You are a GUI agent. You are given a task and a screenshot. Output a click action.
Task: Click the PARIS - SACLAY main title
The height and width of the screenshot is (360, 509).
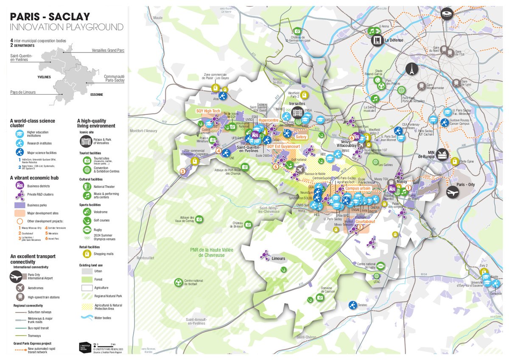(50, 17)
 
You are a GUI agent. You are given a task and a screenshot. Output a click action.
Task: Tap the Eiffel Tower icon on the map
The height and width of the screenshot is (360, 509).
(411, 69)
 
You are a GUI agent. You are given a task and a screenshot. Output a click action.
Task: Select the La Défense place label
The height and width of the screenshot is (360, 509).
(394, 41)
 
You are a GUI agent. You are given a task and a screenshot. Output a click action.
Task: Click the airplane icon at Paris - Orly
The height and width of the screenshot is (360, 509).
(453, 192)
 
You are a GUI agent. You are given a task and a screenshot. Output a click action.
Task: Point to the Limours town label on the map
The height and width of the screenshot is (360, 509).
(278, 258)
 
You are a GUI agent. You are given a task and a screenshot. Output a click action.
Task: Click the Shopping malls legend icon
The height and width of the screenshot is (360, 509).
(87, 254)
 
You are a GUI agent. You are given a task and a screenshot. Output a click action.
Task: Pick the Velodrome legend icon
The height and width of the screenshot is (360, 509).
(87, 212)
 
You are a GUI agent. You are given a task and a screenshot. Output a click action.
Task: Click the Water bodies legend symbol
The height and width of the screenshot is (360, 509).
(87, 317)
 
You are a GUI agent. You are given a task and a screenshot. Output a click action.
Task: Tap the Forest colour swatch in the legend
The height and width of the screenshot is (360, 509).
(87, 279)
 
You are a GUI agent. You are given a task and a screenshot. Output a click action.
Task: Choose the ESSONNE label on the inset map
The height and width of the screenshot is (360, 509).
(96, 95)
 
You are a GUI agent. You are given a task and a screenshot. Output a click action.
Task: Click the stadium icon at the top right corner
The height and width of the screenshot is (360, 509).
(447, 13)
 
